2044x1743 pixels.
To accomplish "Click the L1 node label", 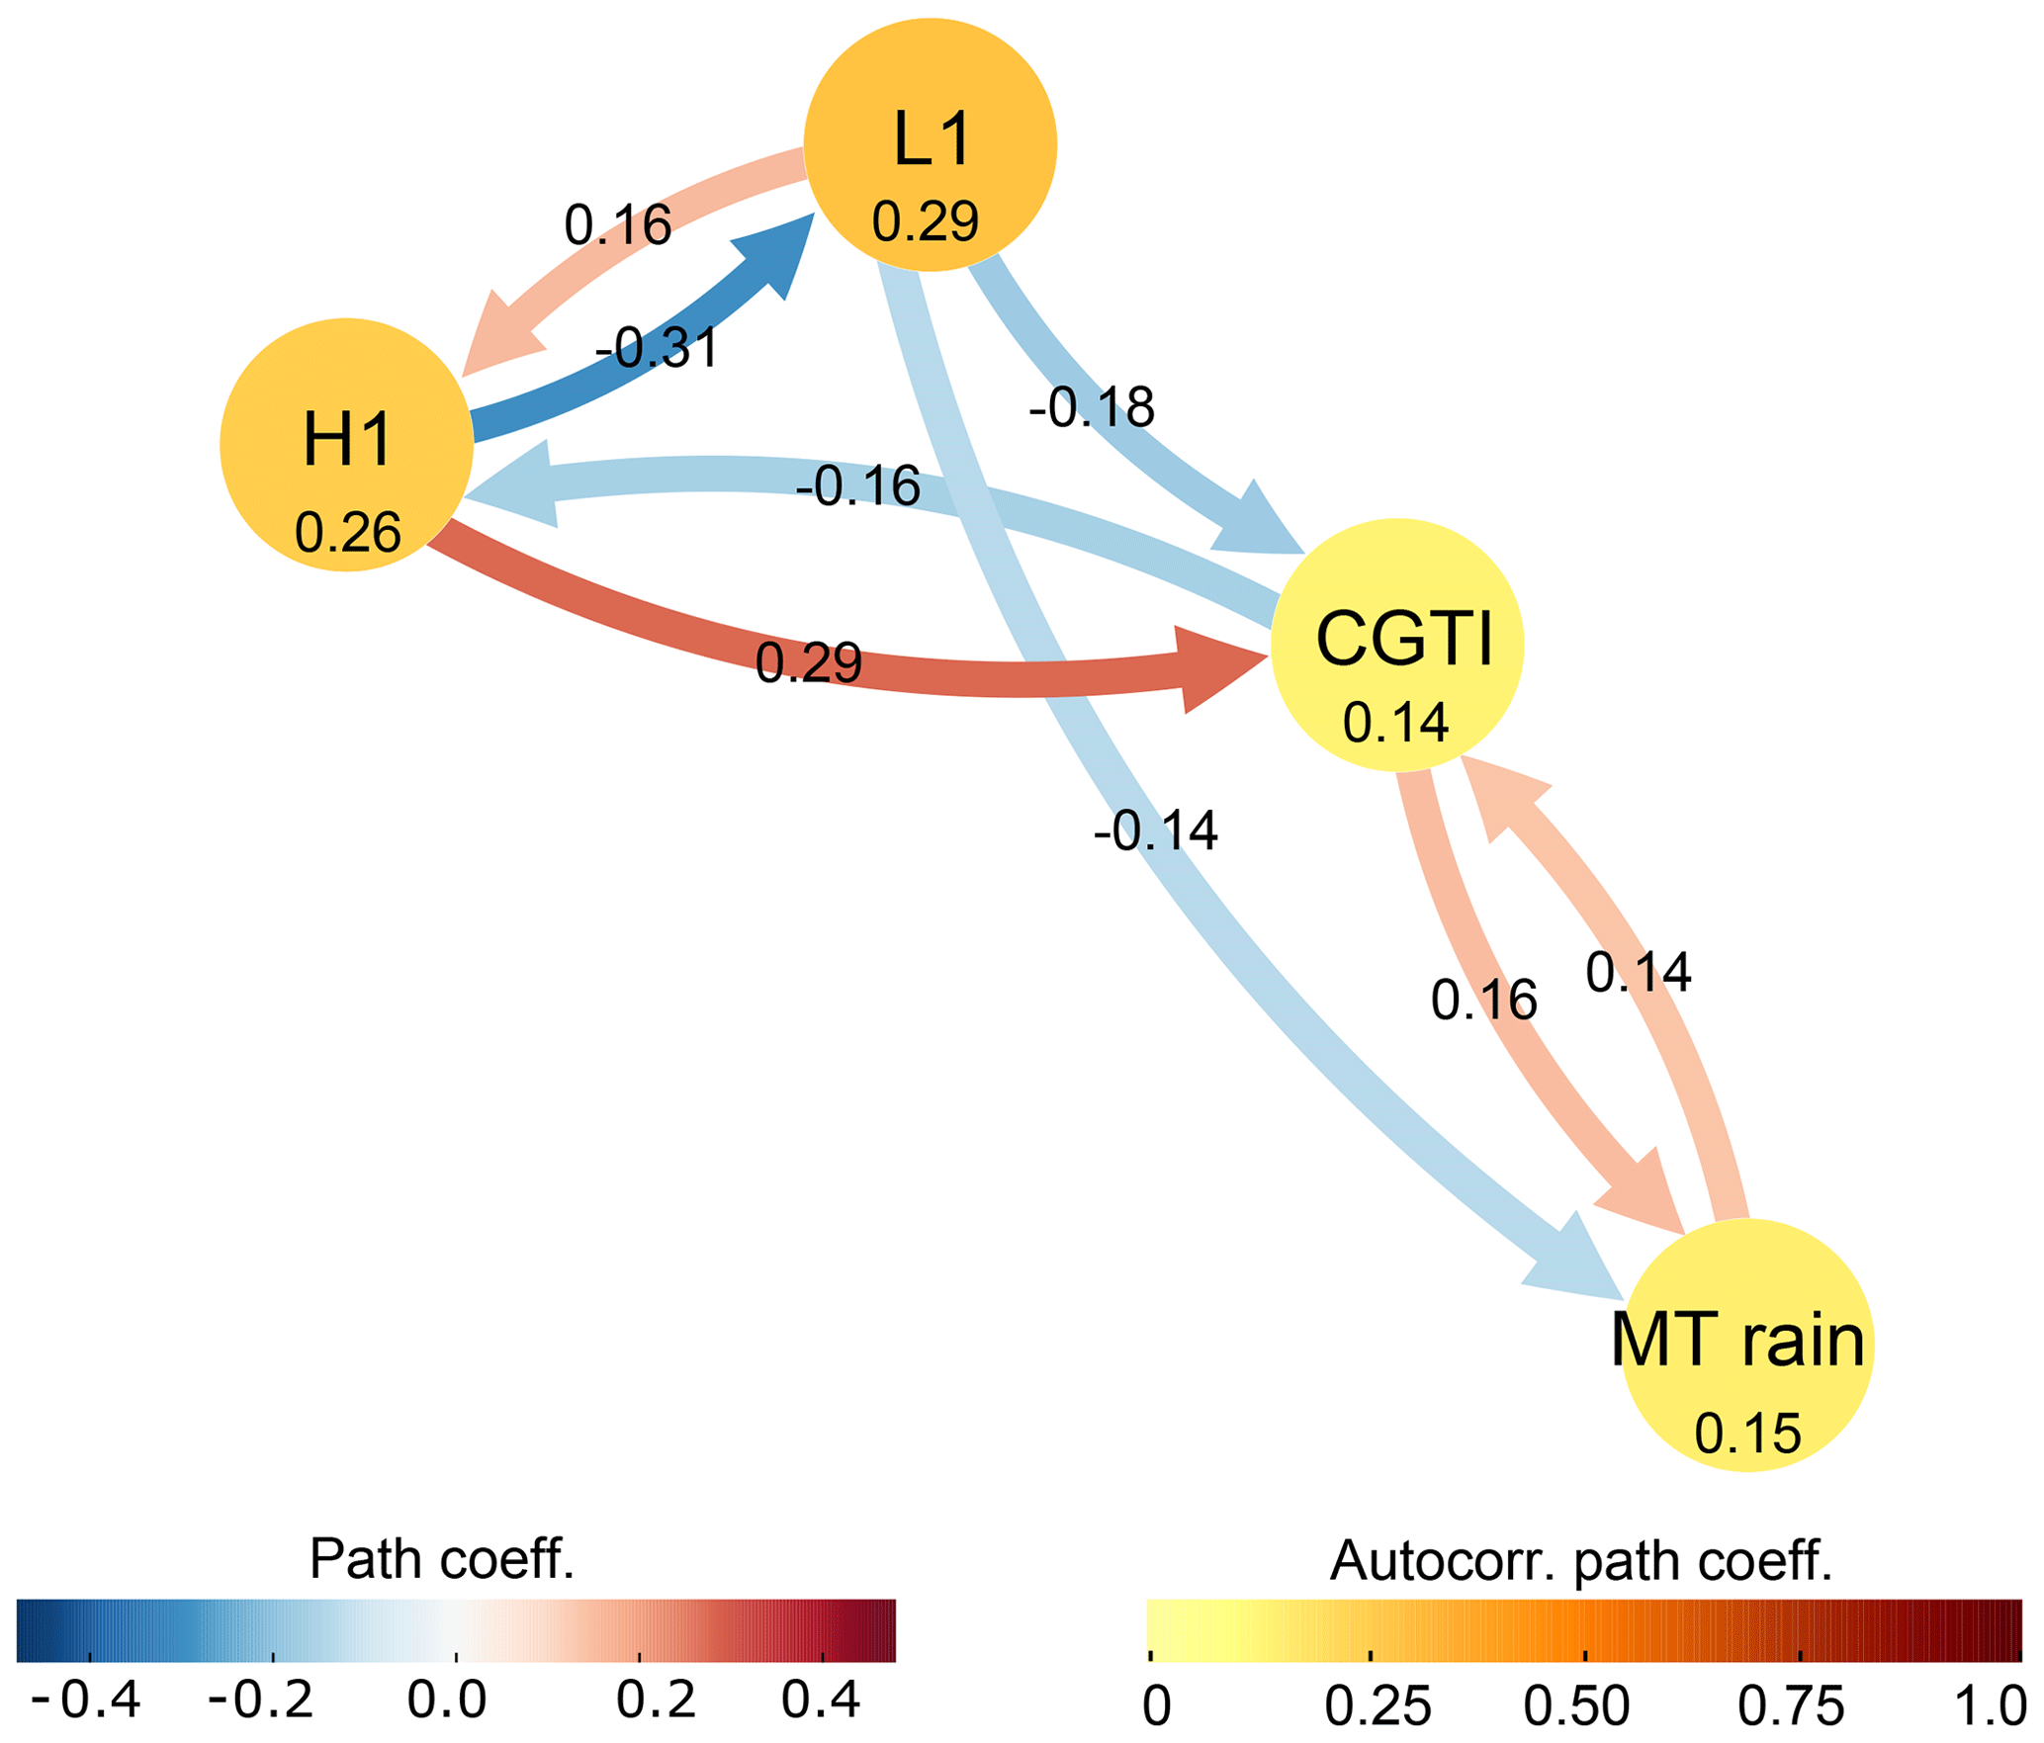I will click(932, 139).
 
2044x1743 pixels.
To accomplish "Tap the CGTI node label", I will click(1403, 640).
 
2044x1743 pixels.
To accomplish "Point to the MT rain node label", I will click(1737, 1341).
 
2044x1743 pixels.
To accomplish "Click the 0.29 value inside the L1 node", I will click(925, 221).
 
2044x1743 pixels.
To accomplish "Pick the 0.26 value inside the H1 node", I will click(347, 533).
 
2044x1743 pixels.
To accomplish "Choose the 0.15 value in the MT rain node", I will click(1747, 1434).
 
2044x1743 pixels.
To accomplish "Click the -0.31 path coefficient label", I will click(657, 348).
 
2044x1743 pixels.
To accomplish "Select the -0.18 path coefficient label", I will click(1092, 407).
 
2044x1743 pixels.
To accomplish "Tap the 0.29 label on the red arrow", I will click(808, 662).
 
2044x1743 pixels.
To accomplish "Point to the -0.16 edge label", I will click(857, 486).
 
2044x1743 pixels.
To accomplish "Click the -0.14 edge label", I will click(1155, 830).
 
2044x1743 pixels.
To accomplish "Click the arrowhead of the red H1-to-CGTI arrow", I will click(1220, 667).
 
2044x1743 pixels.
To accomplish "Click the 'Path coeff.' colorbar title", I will click(441, 1559).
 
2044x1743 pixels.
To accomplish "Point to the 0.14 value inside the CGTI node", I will click(1395, 723).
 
